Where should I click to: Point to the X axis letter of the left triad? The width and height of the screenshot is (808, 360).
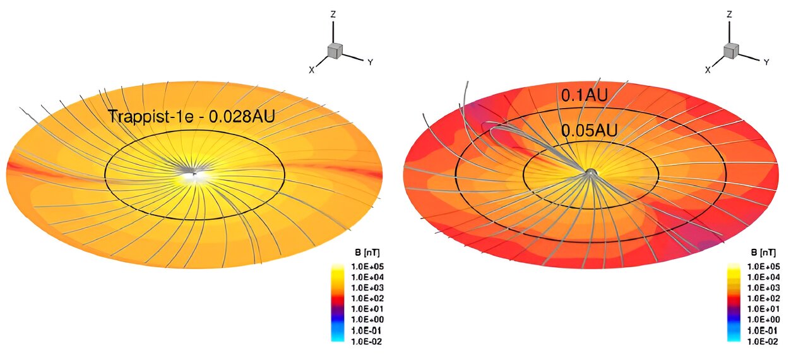pyautogui.click(x=311, y=70)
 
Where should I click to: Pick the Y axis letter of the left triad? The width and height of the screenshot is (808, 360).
pyautogui.click(x=370, y=62)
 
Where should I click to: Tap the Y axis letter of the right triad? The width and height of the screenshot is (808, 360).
pyautogui.click(x=766, y=62)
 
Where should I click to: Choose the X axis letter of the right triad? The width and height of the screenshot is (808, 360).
pyautogui.click(x=708, y=70)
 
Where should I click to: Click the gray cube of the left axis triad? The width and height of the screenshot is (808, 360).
pyautogui.click(x=334, y=51)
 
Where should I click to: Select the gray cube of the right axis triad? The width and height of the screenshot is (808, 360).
pyautogui.click(x=730, y=51)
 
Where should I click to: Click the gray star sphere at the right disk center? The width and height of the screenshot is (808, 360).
pyautogui.click(x=591, y=172)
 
